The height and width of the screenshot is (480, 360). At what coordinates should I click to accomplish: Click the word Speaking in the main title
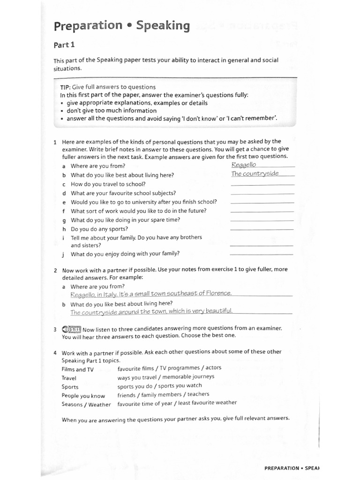(163, 26)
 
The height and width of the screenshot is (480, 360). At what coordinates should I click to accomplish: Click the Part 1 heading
(64, 45)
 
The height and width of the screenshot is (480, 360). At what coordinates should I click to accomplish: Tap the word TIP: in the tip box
(65, 87)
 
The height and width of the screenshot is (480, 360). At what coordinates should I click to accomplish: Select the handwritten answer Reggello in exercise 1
(244, 165)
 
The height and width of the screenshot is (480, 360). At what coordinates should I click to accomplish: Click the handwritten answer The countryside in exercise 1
(255, 173)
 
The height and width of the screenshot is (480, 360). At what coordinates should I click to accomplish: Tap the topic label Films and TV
(77, 369)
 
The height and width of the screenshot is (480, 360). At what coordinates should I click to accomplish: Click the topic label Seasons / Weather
(86, 405)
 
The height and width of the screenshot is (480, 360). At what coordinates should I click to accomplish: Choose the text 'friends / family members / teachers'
(163, 395)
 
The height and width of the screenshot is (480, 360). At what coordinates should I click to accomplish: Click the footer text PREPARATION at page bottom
(281, 468)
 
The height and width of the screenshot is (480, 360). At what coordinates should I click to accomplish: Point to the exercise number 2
(55, 270)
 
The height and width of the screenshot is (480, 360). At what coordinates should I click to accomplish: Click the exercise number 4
(55, 352)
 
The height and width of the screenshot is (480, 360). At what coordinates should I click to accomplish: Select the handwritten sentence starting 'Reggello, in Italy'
(150, 294)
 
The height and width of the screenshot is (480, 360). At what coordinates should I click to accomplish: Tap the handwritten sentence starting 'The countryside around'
(151, 312)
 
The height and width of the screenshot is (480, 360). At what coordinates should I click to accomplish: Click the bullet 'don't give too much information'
(112, 111)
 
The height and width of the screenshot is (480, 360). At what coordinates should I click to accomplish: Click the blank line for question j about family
(261, 254)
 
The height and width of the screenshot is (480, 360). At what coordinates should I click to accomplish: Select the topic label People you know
(83, 396)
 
